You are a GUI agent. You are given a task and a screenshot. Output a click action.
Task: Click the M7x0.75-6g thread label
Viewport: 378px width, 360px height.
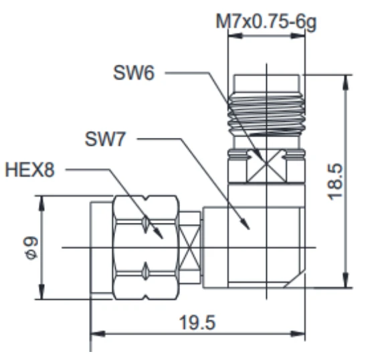pos(266,22)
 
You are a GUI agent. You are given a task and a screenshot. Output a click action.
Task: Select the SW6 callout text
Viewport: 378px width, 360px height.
pos(134,72)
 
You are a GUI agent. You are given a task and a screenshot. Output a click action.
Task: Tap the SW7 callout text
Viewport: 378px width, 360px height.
pos(105,139)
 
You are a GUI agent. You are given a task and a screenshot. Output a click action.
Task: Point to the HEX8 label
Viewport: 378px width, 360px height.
pos(30,170)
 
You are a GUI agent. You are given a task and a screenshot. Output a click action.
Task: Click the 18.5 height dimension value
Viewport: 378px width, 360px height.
pos(335,182)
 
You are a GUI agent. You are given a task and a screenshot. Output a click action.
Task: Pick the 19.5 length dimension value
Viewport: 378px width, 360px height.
pos(197,323)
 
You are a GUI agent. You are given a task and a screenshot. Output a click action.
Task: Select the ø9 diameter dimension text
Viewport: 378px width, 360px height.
pos(31,248)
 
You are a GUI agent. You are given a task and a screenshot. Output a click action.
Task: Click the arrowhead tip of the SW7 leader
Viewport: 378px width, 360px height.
pos(249,230)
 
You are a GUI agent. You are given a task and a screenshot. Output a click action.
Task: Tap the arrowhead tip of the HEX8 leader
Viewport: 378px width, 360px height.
pos(163,239)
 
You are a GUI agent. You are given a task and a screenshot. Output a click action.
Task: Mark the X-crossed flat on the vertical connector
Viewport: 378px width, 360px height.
pos(266,166)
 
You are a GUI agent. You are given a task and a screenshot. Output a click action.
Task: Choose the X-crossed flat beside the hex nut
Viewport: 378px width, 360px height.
pos(191,248)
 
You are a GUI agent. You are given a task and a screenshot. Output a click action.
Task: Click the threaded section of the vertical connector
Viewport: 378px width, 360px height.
pos(266,114)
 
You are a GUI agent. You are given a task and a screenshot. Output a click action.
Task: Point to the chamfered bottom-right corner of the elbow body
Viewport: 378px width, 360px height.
pos(294,280)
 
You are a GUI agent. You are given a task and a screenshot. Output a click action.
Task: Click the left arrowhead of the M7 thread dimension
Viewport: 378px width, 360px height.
pos(235,35)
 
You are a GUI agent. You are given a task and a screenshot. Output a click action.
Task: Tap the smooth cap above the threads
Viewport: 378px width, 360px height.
pos(266,84)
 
